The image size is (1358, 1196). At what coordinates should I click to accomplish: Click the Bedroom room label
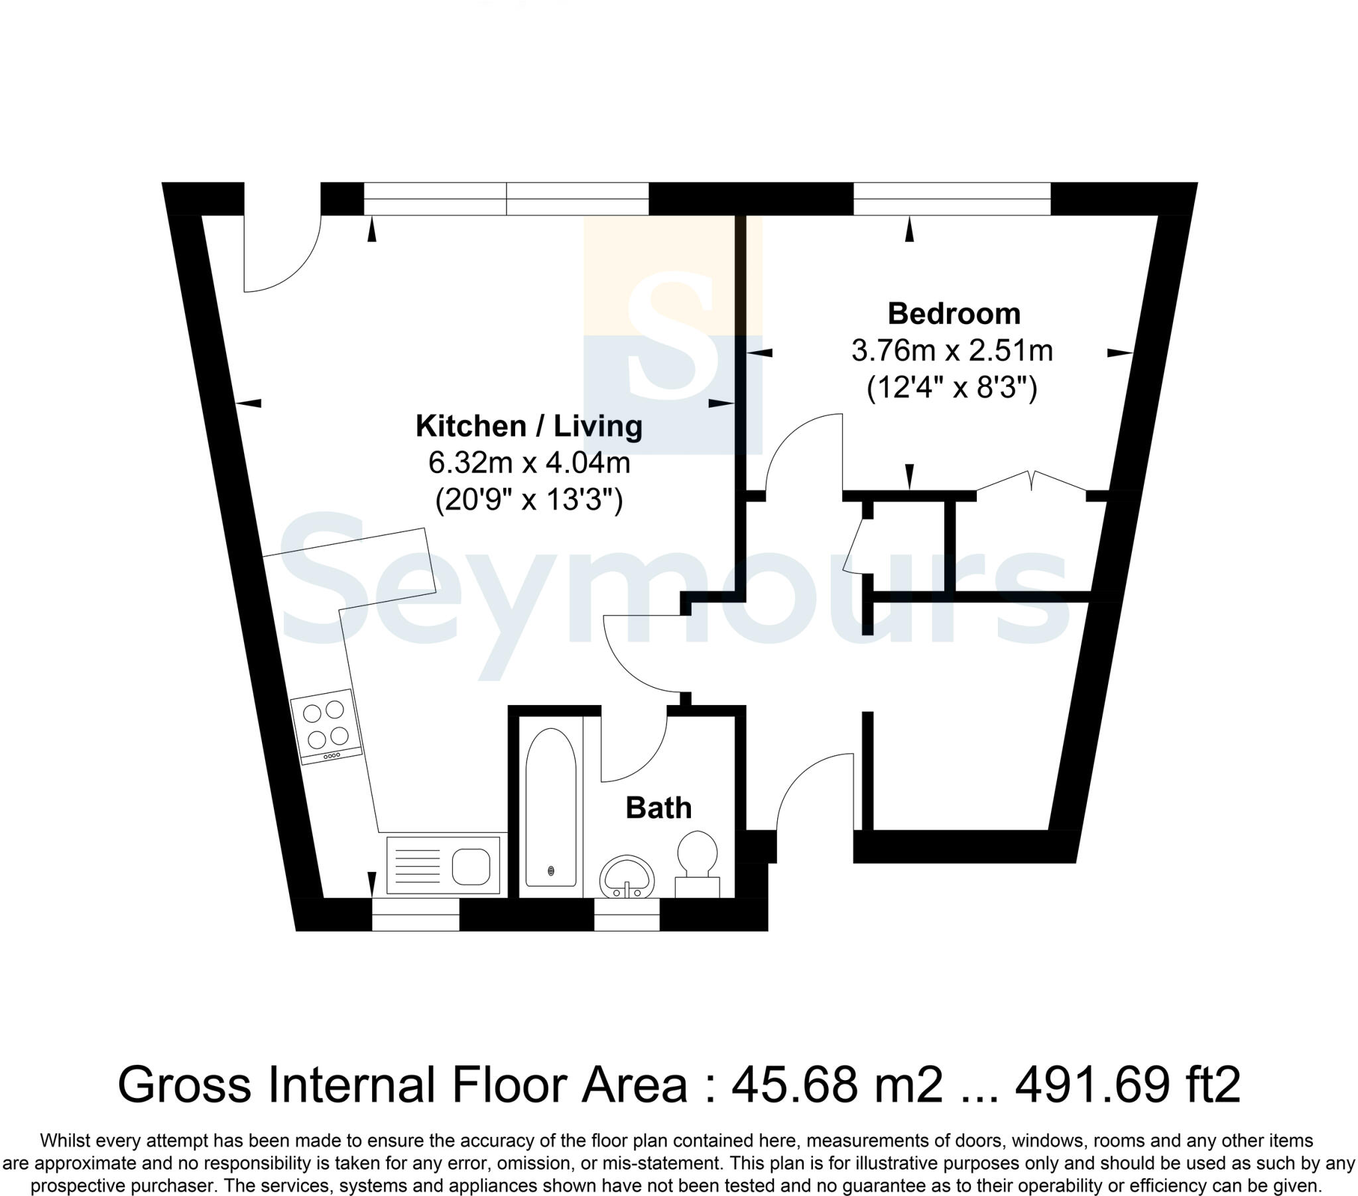(954, 314)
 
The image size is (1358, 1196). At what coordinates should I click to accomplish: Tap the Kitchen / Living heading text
(529, 426)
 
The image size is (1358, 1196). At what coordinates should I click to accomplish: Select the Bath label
(658, 808)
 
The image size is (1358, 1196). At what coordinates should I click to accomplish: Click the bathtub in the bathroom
(551, 808)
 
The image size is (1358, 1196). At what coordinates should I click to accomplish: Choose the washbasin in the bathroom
(627, 877)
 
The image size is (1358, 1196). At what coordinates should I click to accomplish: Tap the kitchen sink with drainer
(443, 865)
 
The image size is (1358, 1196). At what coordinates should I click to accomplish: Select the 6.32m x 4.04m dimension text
(529, 463)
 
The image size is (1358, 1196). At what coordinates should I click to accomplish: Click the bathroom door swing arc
(635, 747)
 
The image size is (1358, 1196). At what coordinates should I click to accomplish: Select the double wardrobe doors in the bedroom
(1031, 481)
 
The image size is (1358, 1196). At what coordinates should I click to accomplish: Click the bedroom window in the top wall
(952, 199)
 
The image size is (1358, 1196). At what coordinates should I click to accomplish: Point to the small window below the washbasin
(626, 914)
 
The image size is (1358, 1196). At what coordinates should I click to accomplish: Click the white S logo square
(672, 335)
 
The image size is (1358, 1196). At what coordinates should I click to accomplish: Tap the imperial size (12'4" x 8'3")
(952, 388)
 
